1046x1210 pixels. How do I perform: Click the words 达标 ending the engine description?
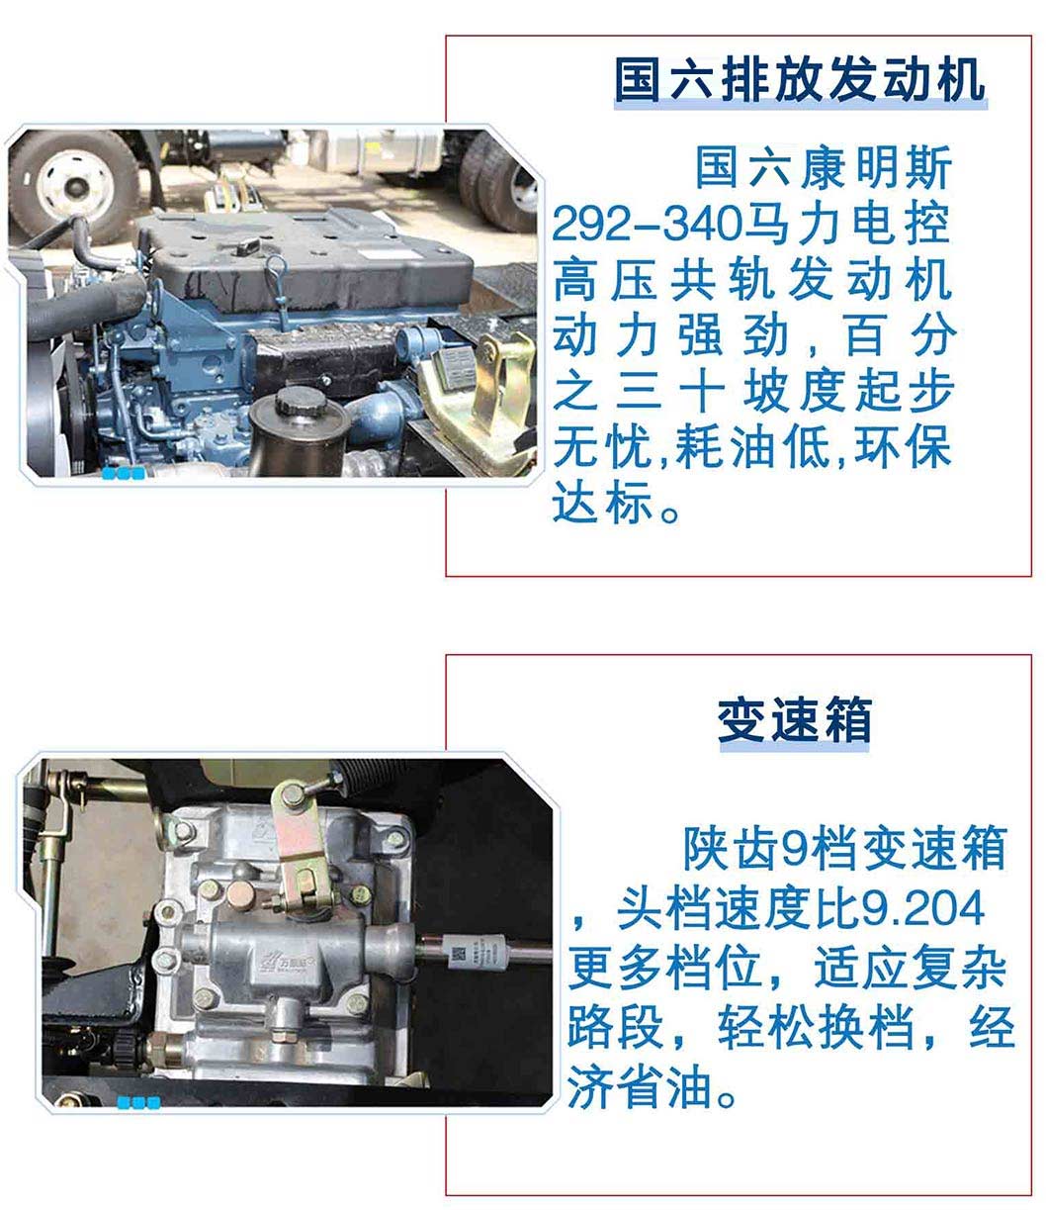pos(602,502)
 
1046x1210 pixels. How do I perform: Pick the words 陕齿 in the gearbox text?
pos(732,848)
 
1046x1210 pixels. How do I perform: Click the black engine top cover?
pos(310,257)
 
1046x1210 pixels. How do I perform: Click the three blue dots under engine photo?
pos(123,473)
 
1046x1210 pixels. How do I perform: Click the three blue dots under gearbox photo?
pos(138,1103)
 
